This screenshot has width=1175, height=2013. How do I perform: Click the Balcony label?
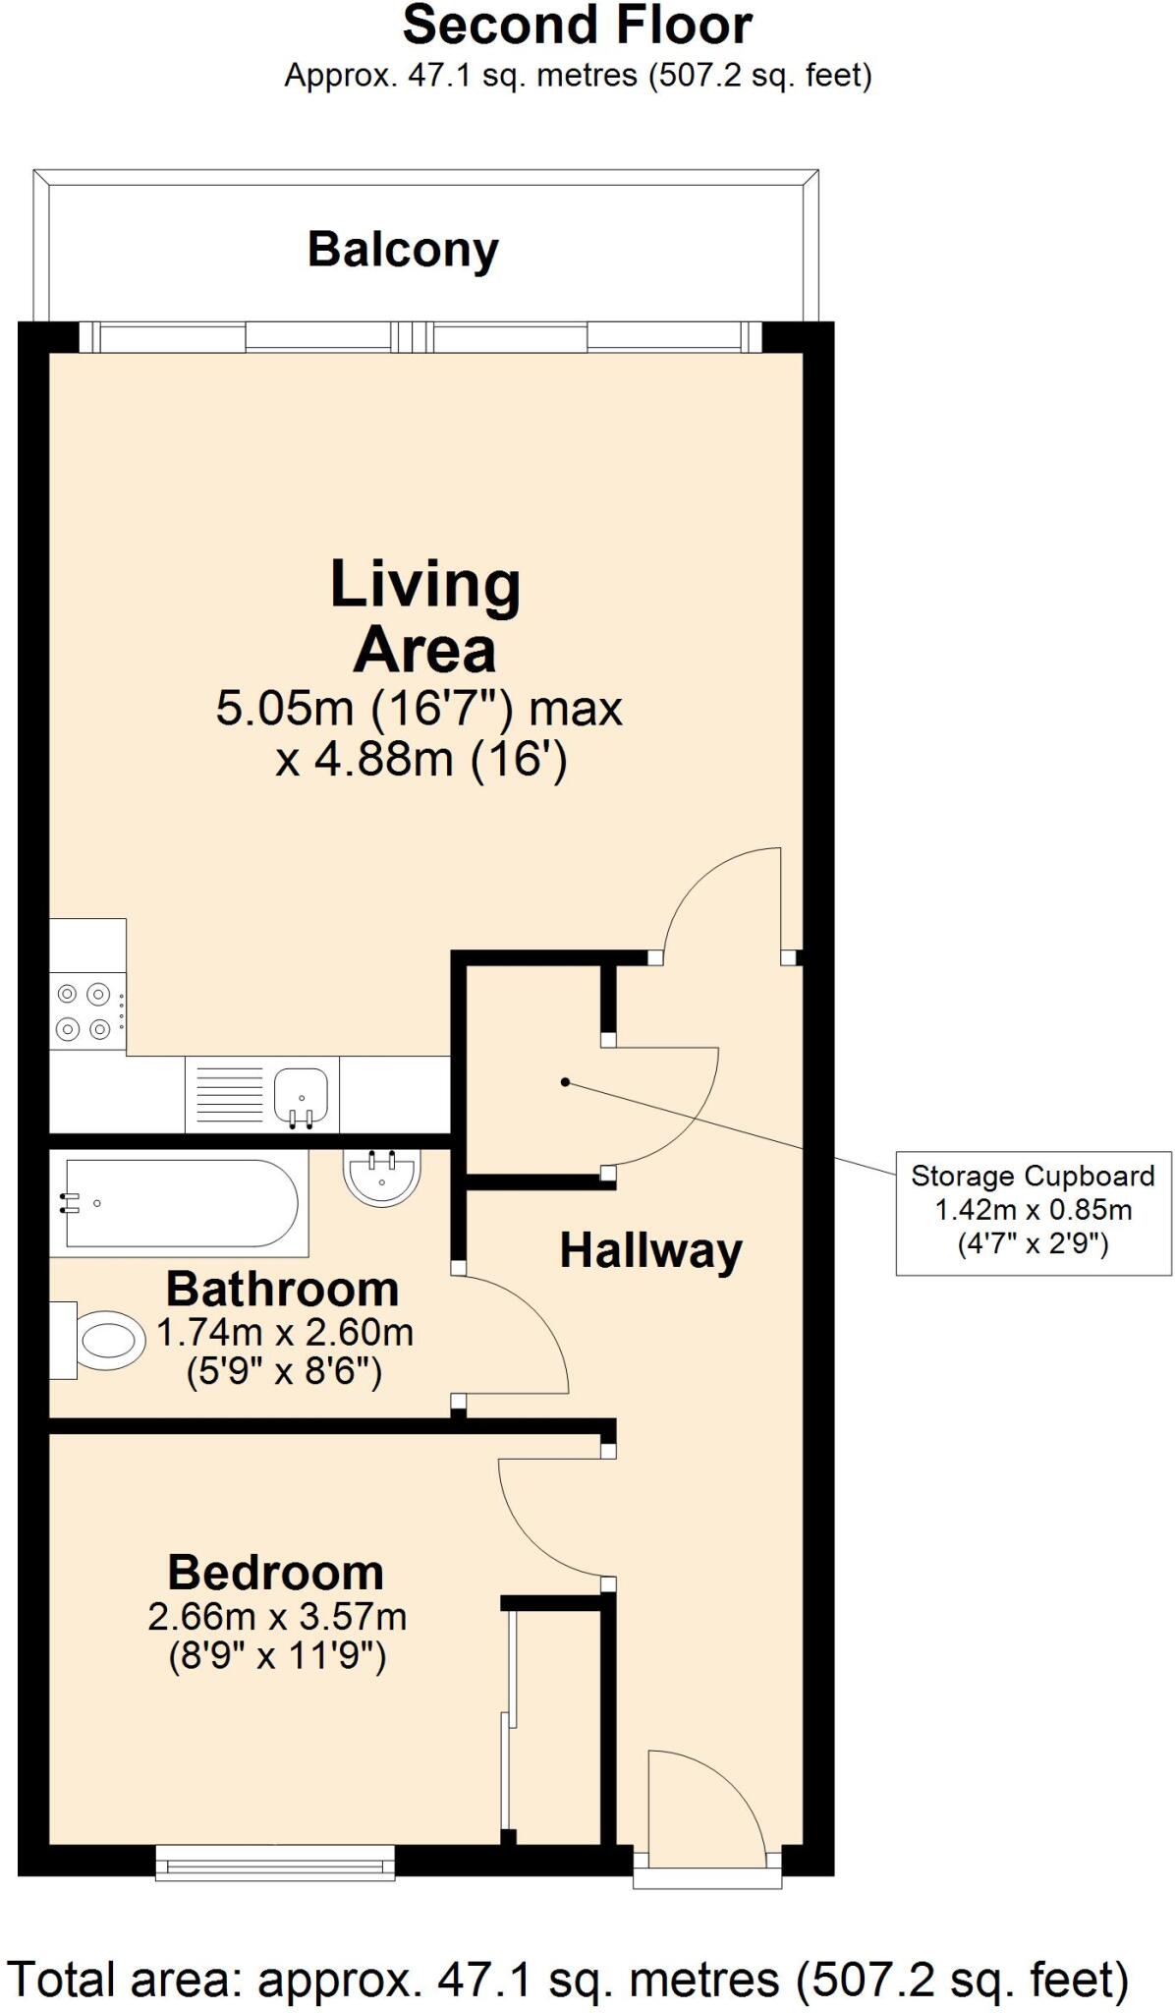tap(403, 251)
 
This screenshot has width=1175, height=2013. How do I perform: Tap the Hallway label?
tap(650, 1251)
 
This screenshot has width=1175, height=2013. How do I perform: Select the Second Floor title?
tap(578, 26)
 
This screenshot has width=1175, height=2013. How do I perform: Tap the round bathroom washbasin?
tap(382, 1178)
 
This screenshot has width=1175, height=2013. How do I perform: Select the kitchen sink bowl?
tap(301, 1095)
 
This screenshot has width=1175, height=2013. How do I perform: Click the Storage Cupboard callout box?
tap(1034, 1213)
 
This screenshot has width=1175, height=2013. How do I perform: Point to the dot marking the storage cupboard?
tap(565, 1082)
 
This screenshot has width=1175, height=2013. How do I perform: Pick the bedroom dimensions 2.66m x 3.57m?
tap(277, 1616)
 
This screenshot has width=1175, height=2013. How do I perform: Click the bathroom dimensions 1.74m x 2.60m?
tap(285, 1333)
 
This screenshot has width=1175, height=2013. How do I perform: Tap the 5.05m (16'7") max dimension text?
tap(420, 708)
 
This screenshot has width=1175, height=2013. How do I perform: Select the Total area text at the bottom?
tap(567, 1978)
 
